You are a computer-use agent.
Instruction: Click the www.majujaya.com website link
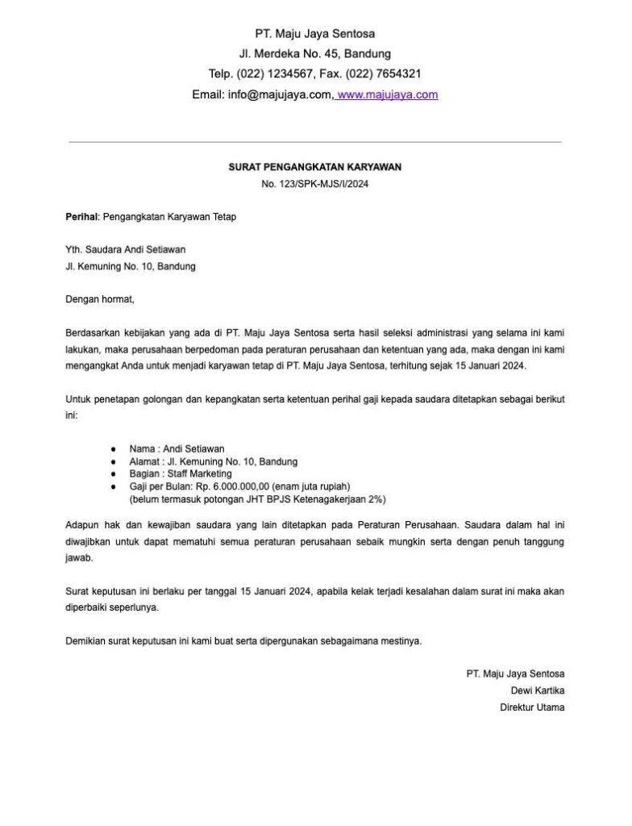tap(388, 94)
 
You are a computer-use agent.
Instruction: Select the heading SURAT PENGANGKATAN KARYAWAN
tap(314, 167)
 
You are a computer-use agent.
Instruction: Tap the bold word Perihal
tap(81, 217)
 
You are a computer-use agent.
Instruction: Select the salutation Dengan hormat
tap(100, 299)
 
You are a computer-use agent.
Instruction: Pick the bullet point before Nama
tap(114, 448)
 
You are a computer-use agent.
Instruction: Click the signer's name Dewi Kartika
tap(538, 690)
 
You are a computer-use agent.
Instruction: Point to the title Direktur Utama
tap(532, 707)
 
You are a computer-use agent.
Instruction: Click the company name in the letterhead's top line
tap(314, 34)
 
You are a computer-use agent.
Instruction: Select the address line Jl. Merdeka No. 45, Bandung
tap(314, 54)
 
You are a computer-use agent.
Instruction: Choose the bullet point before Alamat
tap(114, 461)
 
